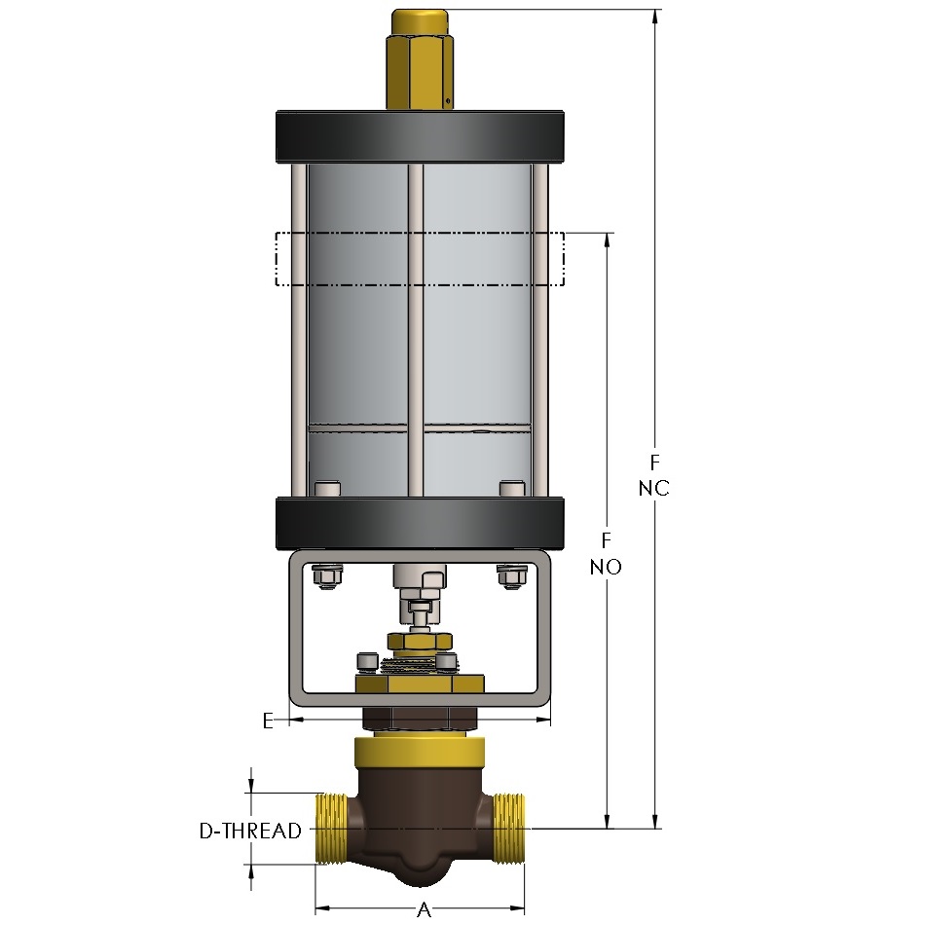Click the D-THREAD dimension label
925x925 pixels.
tap(250, 831)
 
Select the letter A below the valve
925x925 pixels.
tap(425, 909)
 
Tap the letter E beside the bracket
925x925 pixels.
tap(268, 721)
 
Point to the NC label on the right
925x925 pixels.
tap(653, 488)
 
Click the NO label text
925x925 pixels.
tap(606, 567)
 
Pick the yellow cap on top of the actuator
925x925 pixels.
tap(420, 58)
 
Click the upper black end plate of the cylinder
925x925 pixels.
tap(420, 136)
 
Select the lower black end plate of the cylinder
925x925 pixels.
tap(420, 524)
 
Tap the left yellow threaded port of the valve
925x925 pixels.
tap(332, 830)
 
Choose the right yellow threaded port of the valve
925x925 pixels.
tap(508, 830)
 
